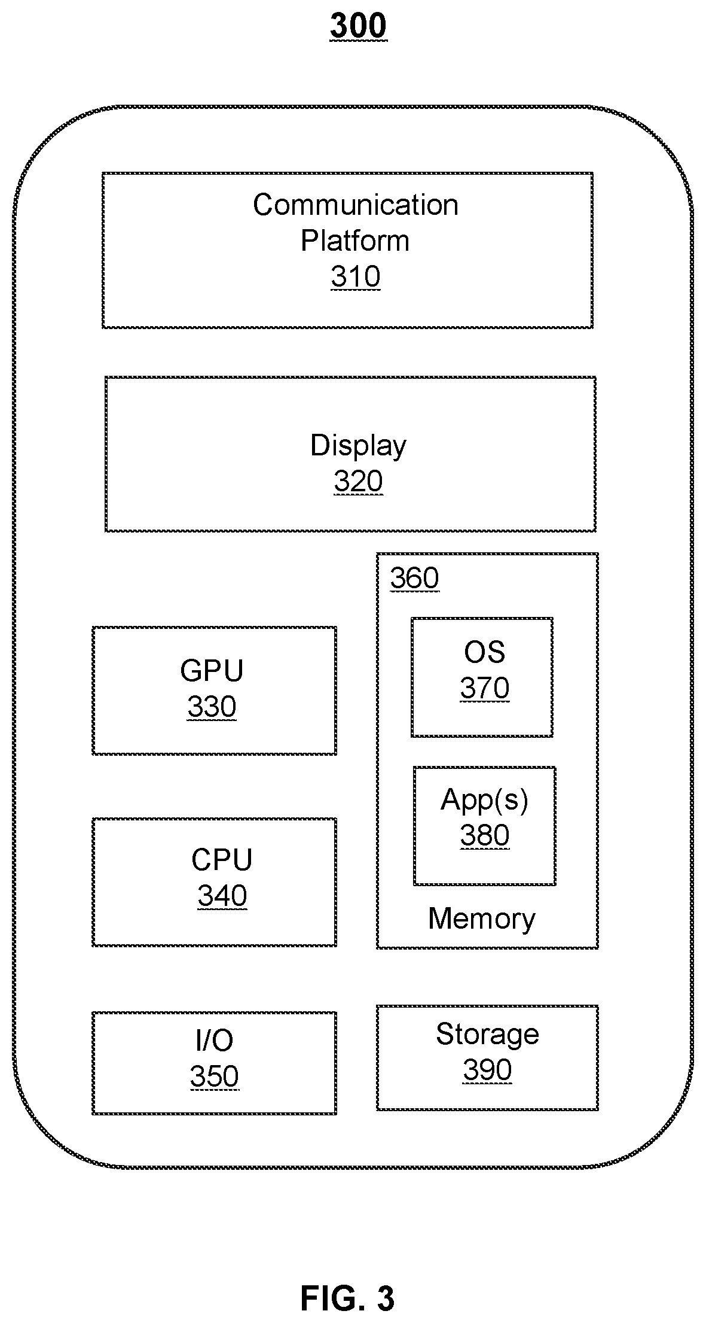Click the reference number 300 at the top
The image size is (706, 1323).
click(358, 26)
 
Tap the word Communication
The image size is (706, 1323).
click(356, 205)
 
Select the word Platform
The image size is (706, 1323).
click(355, 241)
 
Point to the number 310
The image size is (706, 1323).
click(356, 276)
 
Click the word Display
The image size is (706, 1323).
click(358, 446)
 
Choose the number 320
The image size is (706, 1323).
click(358, 482)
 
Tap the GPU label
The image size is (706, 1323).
click(212, 671)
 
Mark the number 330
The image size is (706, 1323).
click(212, 707)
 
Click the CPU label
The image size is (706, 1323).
click(222, 860)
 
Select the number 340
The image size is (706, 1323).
click(222, 896)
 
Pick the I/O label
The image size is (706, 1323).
click(214, 1041)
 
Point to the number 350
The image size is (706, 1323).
click(214, 1076)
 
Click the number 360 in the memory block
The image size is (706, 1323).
click(414, 578)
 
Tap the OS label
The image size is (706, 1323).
click(484, 652)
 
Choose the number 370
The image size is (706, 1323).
click(484, 688)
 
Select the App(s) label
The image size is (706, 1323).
click(484, 800)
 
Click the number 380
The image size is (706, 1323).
click(484, 835)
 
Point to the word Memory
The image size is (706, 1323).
click(482, 919)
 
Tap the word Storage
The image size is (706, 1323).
click(487, 1034)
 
